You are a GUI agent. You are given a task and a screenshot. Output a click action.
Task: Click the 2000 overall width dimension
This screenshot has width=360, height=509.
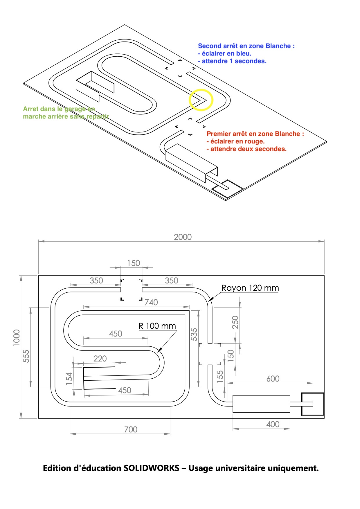point(183,237)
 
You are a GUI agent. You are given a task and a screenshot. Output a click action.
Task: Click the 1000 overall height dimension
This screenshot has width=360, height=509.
point(17,338)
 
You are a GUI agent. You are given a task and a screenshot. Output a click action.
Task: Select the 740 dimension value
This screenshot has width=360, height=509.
point(151,302)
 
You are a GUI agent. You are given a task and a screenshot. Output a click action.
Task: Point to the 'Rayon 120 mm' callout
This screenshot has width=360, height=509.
point(250,288)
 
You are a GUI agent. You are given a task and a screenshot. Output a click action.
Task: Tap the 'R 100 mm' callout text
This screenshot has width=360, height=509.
point(157,326)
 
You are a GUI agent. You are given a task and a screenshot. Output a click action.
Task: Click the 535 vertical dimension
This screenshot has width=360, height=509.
point(194,334)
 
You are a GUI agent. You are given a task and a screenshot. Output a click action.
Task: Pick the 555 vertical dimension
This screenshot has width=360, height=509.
point(26,356)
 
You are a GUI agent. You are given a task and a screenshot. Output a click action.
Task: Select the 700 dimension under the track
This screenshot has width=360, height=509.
point(131,429)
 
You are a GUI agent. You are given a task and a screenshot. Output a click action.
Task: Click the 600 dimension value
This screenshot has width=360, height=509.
point(273,379)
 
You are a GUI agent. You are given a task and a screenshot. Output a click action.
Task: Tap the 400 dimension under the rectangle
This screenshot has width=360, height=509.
point(273,424)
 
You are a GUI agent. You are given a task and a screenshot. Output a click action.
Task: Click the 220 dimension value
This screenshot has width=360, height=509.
point(100,359)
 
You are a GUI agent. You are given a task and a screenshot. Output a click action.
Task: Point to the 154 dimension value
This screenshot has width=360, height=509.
point(69,379)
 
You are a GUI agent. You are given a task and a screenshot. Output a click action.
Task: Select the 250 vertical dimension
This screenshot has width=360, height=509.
point(235,322)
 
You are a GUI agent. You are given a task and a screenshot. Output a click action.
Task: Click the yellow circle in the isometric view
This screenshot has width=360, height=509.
point(201,100)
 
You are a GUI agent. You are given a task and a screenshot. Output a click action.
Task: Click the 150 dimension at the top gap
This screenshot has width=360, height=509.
point(134,263)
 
